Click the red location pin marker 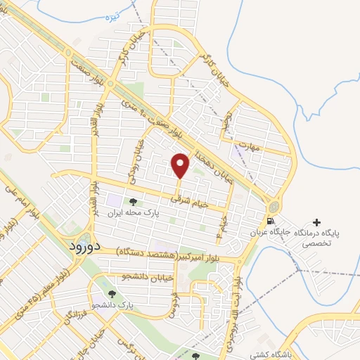[181, 165]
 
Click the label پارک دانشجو [115, 305]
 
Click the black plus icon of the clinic [316, 222]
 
